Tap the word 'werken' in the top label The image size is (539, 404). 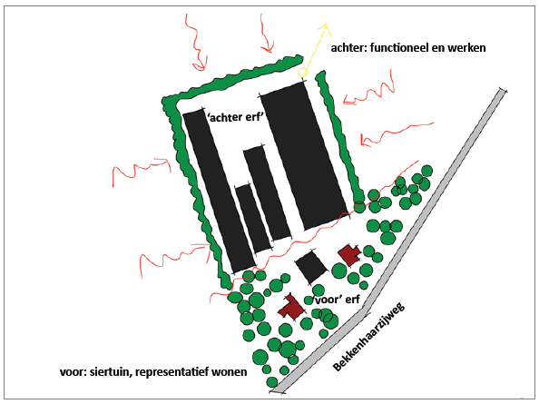466,48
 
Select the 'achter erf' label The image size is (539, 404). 235,117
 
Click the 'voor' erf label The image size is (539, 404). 336,300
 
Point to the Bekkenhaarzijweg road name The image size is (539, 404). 368,337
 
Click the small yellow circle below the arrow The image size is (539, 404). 302,73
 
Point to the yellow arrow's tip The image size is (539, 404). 325,24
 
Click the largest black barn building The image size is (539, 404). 305,155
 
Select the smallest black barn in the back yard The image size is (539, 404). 252,219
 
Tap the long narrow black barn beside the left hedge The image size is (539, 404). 219,192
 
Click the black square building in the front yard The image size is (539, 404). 311,267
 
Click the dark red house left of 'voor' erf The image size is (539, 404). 292,308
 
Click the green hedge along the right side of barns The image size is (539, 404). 339,137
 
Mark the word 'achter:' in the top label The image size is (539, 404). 349,48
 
